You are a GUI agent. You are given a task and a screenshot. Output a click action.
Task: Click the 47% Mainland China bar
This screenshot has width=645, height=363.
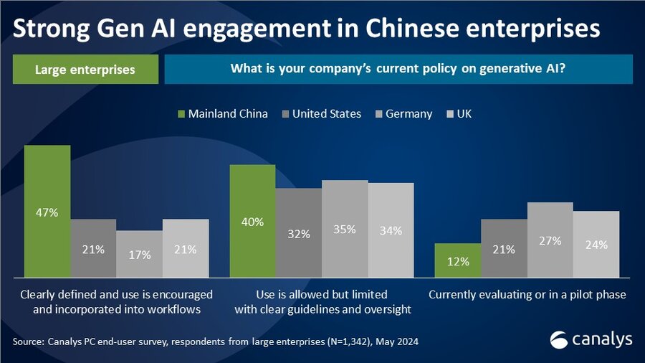pyautogui.click(x=47, y=211)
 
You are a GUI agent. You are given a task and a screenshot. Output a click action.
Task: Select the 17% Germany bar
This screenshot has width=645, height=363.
pyautogui.click(x=139, y=253)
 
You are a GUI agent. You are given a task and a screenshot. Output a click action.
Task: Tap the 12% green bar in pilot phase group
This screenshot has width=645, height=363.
pyautogui.click(x=458, y=260)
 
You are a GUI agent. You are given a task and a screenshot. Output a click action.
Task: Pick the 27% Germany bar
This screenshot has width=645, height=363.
pyautogui.click(x=550, y=240)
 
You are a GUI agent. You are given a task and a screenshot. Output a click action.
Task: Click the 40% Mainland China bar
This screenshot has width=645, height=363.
pyautogui.click(x=252, y=220)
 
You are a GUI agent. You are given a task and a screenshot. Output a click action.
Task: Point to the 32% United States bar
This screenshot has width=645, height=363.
pyautogui.click(x=298, y=232)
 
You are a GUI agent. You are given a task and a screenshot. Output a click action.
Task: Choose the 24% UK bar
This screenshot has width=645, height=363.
pyautogui.click(x=596, y=244)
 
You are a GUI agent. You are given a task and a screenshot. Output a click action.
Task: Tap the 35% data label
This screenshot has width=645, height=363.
pyautogui.click(x=345, y=230)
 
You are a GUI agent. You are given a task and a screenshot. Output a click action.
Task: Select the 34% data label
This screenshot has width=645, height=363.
pyautogui.click(x=391, y=231)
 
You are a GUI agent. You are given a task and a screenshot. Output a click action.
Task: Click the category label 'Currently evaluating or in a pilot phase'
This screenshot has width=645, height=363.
pyautogui.click(x=527, y=295)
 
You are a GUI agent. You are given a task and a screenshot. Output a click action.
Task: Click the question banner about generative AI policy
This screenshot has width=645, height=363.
pyautogui.click(x=398, y=70)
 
